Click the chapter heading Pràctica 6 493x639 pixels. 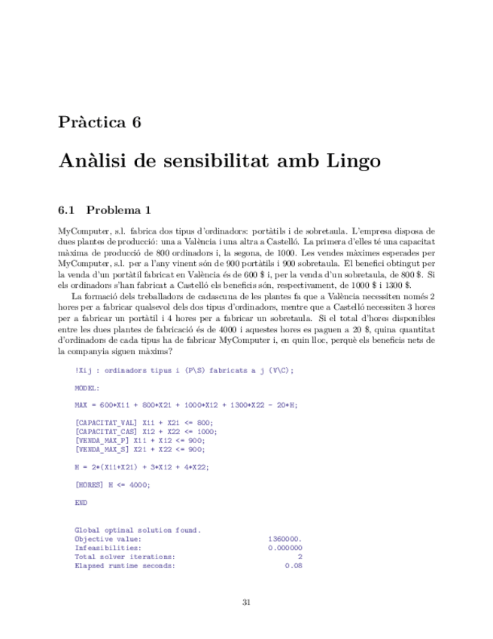[x=99, y=123]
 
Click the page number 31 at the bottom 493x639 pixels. [x=246, y=602]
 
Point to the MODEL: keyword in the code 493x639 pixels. [x=88, y=388]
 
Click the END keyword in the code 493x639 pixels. [x=81, y=503]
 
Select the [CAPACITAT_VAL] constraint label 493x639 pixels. [x=102, y=423]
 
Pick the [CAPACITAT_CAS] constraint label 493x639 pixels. [x=102, y=432]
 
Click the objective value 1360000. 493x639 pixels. [x=285, y=539]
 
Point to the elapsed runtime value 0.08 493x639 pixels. [x=294, y=565]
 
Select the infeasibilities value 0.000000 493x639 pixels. [x=285, y=548]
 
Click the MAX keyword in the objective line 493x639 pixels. [x=81, y=405]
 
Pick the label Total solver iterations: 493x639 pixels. [x=125, y=557]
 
